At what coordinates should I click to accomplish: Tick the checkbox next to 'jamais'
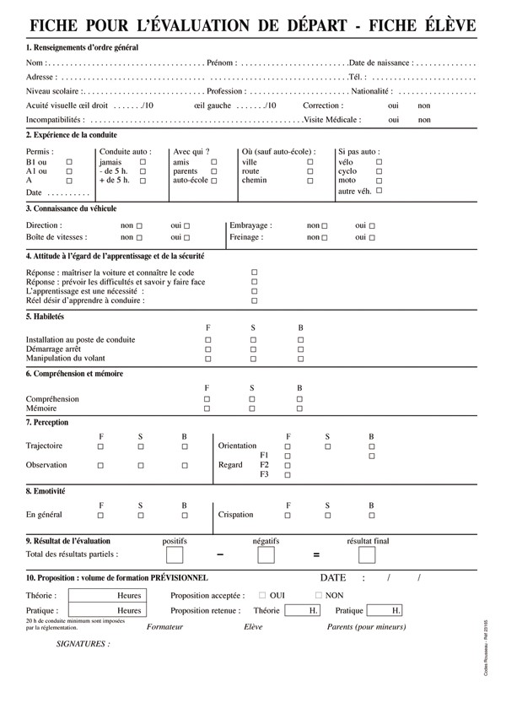click(143, 162)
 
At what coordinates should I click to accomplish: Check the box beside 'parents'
click(214, 171)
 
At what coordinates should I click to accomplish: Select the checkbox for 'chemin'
click(310, 181)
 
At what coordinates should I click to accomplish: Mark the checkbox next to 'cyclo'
click(379, 171)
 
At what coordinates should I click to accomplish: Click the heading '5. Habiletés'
click(46, 316)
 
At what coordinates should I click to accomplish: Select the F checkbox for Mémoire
click(207, 408)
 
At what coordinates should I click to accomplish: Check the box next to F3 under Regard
click(288, 476)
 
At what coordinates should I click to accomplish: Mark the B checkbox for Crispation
click(372, 515)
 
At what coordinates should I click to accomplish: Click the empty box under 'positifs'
click(175, 555)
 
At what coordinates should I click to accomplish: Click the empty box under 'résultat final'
click(367, 555)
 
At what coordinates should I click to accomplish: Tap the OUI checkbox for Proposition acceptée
click(262, 596)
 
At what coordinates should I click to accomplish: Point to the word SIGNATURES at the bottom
click(83, 644)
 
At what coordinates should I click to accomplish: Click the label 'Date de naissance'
click(380, 63)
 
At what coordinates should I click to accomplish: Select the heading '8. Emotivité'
click(46, 490)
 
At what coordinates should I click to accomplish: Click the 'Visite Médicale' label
click(333, 120)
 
